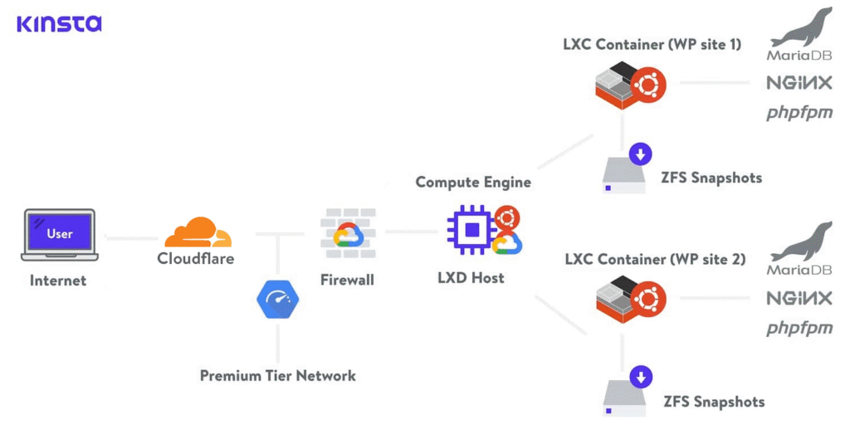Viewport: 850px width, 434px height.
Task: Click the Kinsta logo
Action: tap(59, 23)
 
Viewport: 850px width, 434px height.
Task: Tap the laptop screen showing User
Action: tap(59, 232)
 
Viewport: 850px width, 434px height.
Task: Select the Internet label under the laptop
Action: tap(58, 280)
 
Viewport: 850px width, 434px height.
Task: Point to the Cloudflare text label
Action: tap(196, 259)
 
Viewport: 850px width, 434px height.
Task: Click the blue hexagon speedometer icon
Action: tap(277, 300)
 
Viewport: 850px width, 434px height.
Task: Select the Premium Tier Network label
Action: tap(277, 376)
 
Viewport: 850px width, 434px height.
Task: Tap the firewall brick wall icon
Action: tap(348, 230)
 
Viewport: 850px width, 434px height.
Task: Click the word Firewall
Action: tap(347, 280)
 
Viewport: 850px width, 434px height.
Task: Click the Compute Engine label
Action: tap(473, 182)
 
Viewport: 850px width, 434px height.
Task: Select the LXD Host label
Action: tap(471, 278)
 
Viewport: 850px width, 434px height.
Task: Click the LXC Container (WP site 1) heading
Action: tap(652, 44)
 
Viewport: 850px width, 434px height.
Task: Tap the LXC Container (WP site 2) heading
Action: tap(654, 260)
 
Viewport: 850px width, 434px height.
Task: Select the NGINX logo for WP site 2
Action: tap(799, 299)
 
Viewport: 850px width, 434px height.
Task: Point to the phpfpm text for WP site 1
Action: tap(799, 113)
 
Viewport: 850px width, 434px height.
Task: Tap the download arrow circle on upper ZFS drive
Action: tap(640, 154)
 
